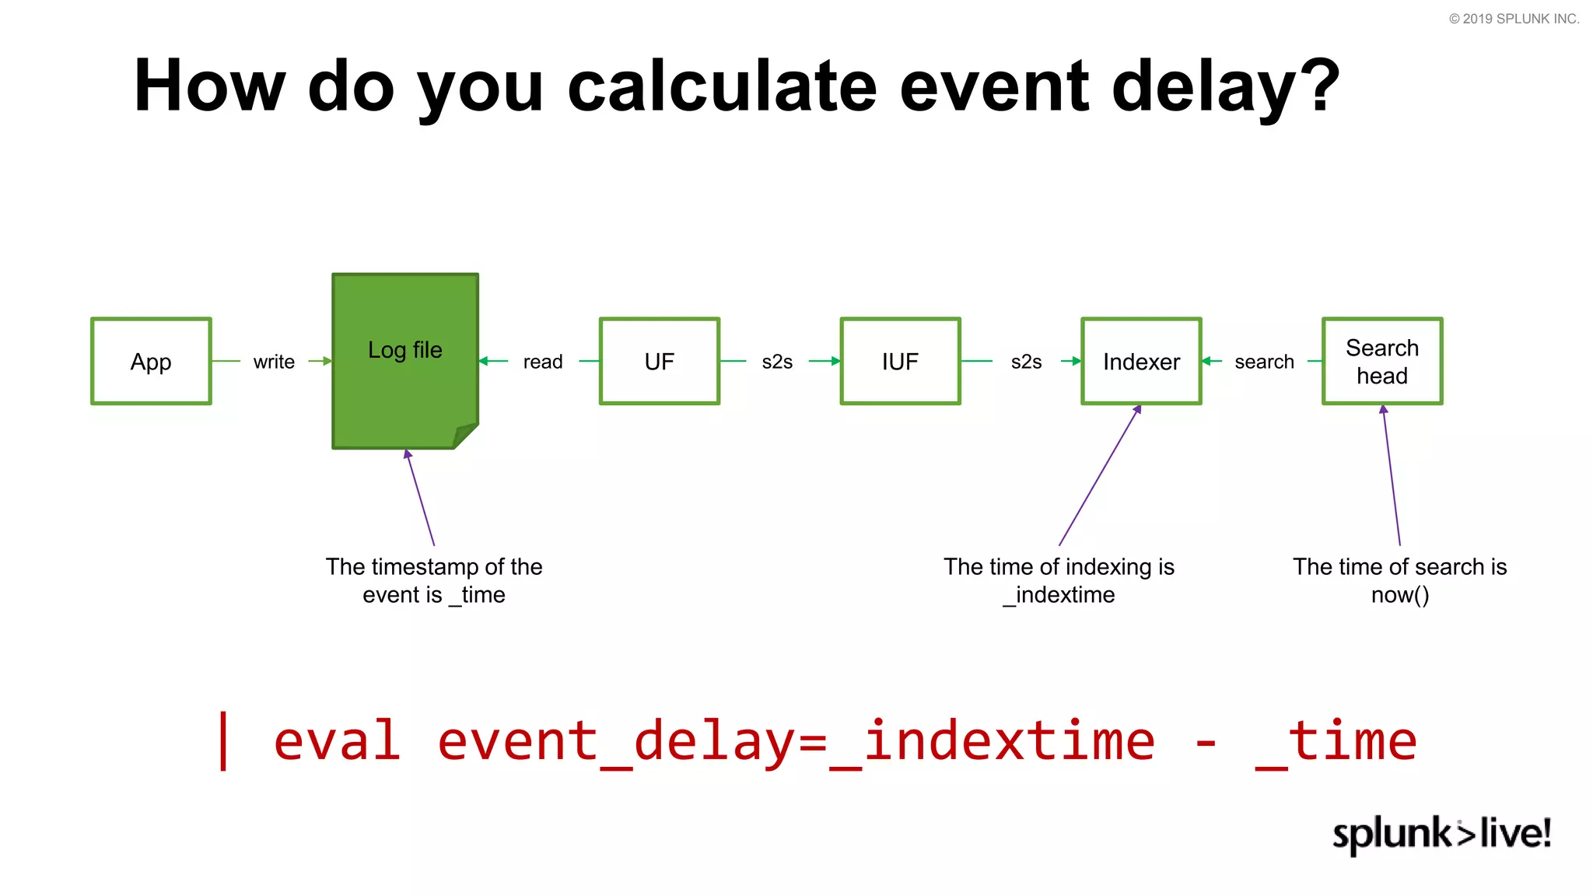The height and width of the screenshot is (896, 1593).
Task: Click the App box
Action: (x=151, y=361)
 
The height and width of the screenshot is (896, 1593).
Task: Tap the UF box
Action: (x=659, y=361)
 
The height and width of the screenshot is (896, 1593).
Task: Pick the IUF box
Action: (x=900, y=361)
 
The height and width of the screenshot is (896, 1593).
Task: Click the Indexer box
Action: (x=1141, y=361)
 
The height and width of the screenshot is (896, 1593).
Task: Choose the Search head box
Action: (x=1382, y=361)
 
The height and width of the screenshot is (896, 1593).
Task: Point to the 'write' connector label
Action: (x=274, y=362)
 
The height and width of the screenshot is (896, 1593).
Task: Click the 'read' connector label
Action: (x=542, y=362)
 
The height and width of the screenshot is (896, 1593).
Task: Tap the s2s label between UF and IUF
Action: (x=777, y=362)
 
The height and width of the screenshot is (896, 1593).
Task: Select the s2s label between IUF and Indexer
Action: (x=1026, y=362)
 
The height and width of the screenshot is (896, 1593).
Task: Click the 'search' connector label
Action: (x=1264, y=362)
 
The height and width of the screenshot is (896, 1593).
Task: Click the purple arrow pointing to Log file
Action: (x=420, y=498)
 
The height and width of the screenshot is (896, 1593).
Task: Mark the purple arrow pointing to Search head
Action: (x=1392, y=476)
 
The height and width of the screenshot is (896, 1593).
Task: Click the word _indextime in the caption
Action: (x=1059, y=595)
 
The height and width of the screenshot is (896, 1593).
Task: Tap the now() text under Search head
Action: (x=1399, y=595)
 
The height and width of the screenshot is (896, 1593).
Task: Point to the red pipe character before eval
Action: (x=224, y=740)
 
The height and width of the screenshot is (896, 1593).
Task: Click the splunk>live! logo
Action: (x=1441, y=834)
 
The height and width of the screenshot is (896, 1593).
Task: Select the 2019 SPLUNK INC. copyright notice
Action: (x=1514, y=19)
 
